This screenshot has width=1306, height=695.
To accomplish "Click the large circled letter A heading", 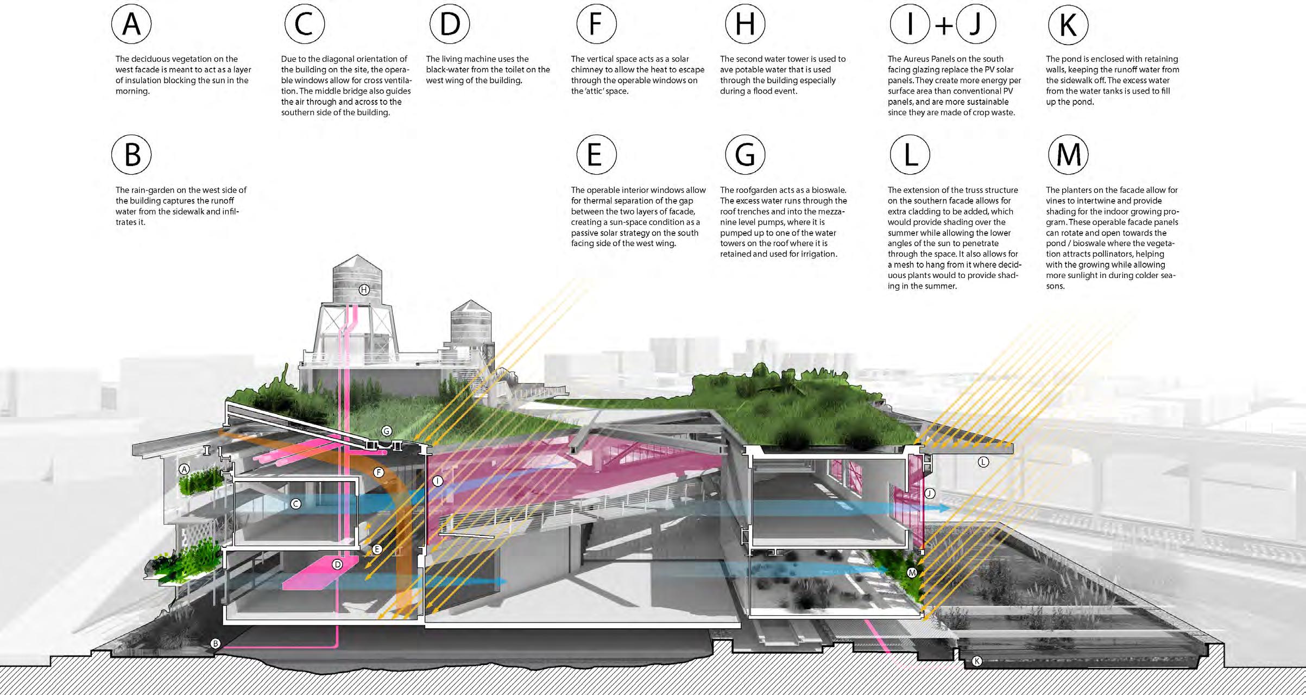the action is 131,24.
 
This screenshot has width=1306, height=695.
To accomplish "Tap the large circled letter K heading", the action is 1068,24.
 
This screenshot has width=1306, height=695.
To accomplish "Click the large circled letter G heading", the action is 745,155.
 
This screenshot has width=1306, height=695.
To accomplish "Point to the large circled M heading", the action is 1068,155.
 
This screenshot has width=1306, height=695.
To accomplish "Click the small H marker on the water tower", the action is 364,289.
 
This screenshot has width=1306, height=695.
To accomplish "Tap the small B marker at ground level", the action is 216,644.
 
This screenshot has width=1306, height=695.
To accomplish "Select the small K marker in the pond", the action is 976,661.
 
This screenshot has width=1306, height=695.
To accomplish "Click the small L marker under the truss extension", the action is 983,462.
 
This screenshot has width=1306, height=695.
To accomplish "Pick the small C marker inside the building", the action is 296,504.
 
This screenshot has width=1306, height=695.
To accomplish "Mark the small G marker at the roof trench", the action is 387,431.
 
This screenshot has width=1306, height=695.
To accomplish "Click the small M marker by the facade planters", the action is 912,573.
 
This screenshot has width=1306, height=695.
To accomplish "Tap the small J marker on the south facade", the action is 930,493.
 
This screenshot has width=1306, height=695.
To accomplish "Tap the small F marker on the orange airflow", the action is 379,472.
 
